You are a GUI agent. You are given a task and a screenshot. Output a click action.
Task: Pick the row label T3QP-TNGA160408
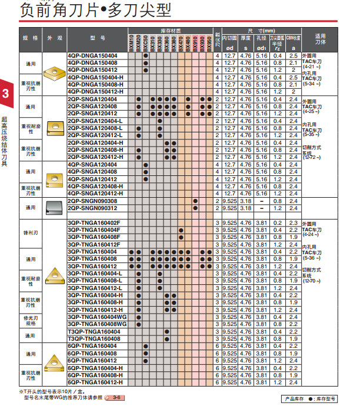coord(94,338)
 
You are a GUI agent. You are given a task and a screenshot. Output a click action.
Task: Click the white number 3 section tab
coord(5,94)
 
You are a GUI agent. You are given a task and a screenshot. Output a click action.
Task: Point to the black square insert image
coord(54,205)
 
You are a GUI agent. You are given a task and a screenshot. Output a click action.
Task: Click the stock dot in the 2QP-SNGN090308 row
coord(195,201)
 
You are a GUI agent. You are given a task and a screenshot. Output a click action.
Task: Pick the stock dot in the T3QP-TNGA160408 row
coord(167,338)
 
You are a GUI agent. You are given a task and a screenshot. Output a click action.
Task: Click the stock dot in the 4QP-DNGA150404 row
coord(145,55)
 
